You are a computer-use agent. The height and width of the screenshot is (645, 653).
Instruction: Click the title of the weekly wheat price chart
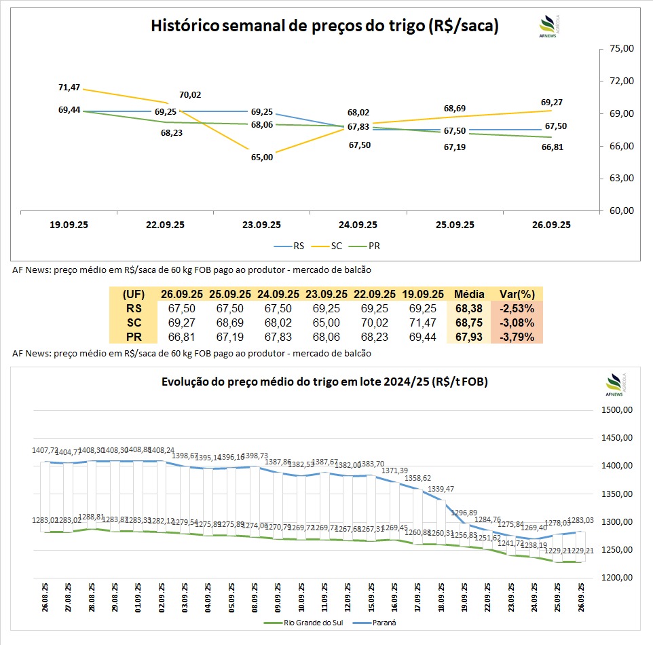pyautogui.click(x=324, y=26)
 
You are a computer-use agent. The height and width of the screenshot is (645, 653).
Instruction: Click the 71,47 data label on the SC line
pyautogui.click(x=69, y=88)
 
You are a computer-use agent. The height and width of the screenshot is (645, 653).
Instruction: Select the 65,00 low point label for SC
pyautogui.click(x=262, y=157)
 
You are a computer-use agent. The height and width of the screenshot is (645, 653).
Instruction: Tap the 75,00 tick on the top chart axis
pyautogui.click(x=622, y=49)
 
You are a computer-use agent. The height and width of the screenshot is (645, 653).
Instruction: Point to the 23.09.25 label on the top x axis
pyautogui.click(x=262, y=225)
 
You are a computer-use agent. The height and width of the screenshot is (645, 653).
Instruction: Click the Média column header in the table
pyautogui.click(x=469, y=294)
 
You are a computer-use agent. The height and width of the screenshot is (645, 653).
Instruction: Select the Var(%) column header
pyautogui.click(x=517, y=294)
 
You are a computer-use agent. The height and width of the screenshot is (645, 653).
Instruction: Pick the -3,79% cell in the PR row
pyautogui.click(x=517, y=337)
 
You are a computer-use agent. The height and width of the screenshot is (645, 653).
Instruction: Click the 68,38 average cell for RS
pyautogui.click(x=469, y=308)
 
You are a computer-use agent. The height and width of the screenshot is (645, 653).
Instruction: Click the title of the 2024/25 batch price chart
pyautogui.click(x=324, y=382)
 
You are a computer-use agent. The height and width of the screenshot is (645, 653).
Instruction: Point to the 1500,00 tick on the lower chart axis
pyautogui.click(x=618, y=410)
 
